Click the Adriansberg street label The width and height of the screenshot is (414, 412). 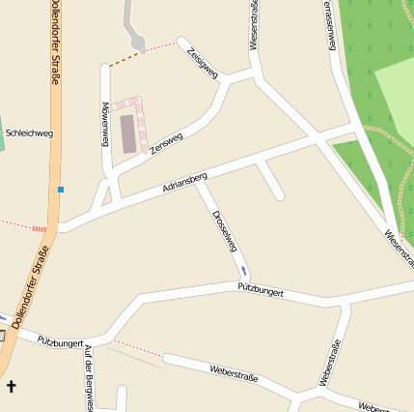pos(184,181)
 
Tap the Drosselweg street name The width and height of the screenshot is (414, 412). pos(224,230)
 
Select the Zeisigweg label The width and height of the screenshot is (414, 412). pos(204,60)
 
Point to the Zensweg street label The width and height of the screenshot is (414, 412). pos(166,144)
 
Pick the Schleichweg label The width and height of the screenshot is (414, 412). pos(29,133)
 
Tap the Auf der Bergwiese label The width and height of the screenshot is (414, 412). pos(89,377)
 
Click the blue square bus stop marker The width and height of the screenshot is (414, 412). pos(60,190)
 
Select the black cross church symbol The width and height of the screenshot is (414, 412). pos(12,387)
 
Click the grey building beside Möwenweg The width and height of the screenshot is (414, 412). pos(128,133)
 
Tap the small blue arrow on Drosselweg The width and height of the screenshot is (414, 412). pos(243,270)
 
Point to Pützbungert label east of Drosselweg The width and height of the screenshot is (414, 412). pos(261,288)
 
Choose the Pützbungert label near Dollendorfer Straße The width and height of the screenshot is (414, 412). pos(60,341)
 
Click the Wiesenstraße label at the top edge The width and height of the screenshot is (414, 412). pos(254,24)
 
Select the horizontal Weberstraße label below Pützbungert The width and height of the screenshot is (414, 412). pos(234,371)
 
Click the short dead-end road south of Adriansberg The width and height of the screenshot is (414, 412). pos(270,181)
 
